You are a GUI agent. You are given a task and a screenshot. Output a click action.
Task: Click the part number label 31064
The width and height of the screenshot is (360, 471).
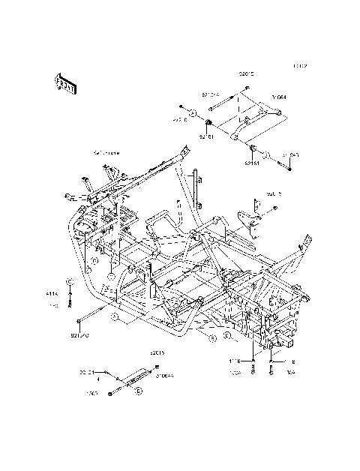tap(279, 97)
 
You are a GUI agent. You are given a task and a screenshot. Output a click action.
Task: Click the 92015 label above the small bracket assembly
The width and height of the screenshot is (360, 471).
tap(157, 352)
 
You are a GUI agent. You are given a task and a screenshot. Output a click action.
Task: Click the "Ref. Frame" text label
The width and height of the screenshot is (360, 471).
tap(107, 152)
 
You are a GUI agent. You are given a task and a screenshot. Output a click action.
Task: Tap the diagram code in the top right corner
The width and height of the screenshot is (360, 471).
tap(300, 66)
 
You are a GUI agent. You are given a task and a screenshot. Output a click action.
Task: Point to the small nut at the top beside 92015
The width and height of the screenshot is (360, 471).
tap(246, 89)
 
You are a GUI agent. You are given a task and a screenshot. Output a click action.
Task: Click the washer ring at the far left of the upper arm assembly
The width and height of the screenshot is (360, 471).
tap(191, 113)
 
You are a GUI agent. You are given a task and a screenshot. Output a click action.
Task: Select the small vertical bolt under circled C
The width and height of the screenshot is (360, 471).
tap(69, 300)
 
